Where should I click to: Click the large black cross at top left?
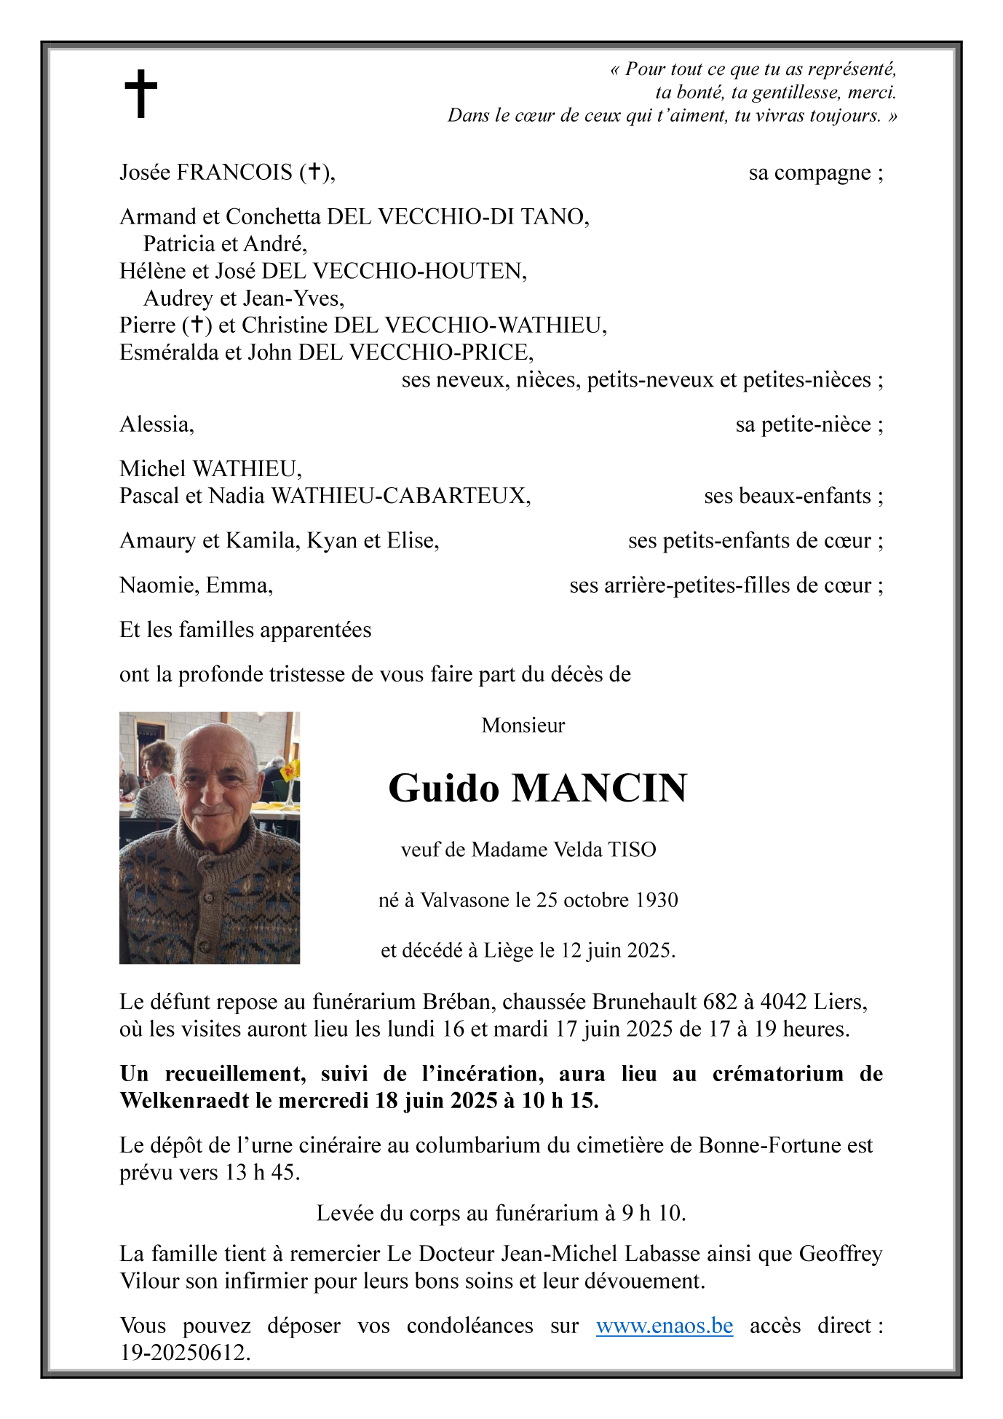click(140, 93)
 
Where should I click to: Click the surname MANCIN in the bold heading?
click(599, 788)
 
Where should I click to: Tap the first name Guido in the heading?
click(444, 788)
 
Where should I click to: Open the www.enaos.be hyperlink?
click(664, 1326)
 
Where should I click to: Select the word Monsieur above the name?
click(523, 725)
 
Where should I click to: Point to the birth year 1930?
click(657, 901)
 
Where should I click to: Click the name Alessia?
click(156, 424)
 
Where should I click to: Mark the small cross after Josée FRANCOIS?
click(314, 172)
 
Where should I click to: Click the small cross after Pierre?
click(197, 325)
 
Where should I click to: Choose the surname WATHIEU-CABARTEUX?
click(400, 496)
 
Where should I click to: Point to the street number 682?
click(719, 1002)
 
